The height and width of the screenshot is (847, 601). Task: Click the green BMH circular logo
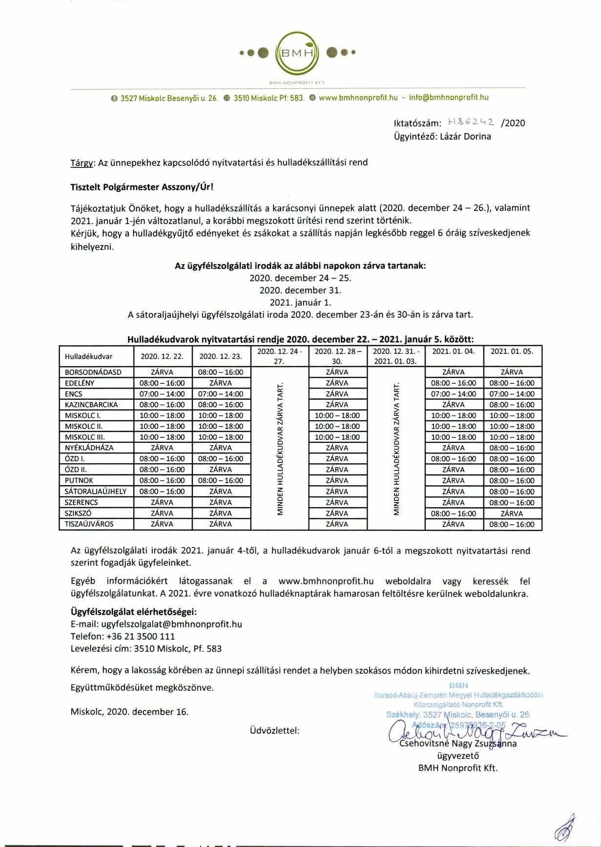coord(297,52)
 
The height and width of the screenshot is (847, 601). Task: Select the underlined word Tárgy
coord(82,163)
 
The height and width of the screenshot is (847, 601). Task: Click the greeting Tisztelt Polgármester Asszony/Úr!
coord(142,186)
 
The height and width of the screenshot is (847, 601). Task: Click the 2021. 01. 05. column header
coord(512,351)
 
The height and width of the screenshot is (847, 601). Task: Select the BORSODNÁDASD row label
coord(93,372)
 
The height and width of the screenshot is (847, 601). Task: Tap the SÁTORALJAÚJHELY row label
coord(96,491)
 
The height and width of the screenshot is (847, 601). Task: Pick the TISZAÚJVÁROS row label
coord(89,524)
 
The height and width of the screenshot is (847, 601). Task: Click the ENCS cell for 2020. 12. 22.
coord(162,393)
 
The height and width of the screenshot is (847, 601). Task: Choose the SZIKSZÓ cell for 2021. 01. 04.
coord(454,513)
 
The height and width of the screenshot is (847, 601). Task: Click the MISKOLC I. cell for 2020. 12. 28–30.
coord(337,415)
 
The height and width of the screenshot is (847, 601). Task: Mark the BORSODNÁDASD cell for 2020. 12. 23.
coord(221,372)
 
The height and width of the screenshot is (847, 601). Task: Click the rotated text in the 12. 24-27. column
coord(280,448)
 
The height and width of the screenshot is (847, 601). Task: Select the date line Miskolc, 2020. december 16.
coord(129,711)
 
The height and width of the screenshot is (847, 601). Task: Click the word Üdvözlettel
coord(274,730)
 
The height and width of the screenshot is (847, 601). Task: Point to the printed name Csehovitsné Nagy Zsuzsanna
coord(458,744)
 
